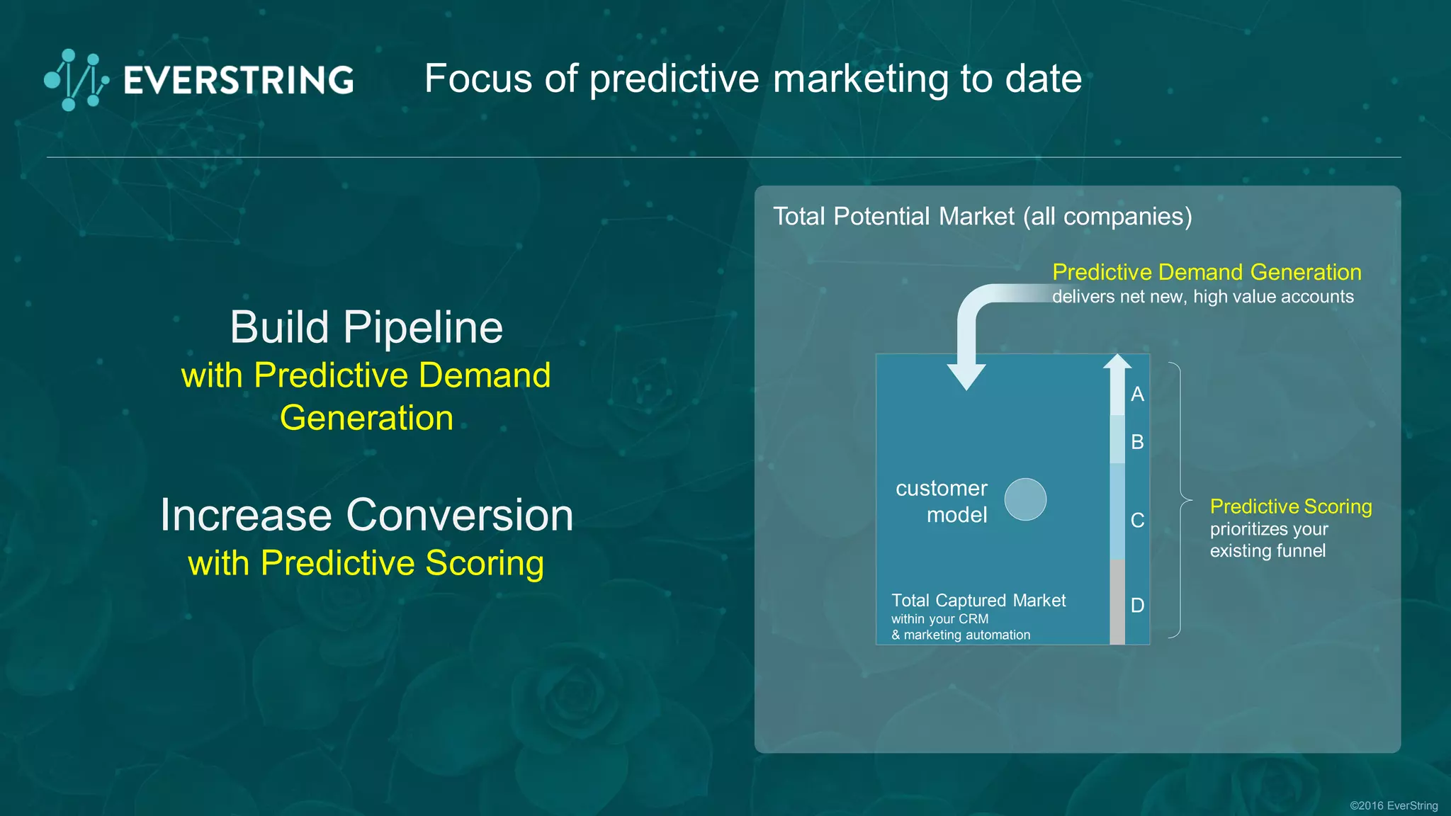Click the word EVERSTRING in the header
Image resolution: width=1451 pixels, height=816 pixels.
point(239,80)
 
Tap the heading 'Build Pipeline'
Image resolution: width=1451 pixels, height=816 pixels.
point(366,327)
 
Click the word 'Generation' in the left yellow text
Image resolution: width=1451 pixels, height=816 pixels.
point(366,418)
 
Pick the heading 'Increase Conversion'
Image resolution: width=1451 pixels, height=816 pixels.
point(366,515)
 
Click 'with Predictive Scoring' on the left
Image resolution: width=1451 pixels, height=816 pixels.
point(366,564)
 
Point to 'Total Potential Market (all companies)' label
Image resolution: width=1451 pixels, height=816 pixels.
point(982,216)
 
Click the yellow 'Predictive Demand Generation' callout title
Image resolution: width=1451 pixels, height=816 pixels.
point(1207,272)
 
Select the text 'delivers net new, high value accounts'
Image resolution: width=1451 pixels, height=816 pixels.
point(1202,297)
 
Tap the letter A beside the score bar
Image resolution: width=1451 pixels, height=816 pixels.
point(1137,395)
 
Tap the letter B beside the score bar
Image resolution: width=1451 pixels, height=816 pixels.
point(1137,442)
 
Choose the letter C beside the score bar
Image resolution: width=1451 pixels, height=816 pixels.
point(1137,521)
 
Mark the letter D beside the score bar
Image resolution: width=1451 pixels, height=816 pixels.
point(1137,606)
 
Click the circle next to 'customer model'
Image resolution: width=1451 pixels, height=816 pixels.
point(1025,499)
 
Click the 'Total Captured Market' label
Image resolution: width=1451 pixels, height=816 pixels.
point(978,601)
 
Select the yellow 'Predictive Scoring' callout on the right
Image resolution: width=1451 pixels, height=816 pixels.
point(1290,506)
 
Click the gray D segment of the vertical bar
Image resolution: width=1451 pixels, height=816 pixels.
point(1117,602)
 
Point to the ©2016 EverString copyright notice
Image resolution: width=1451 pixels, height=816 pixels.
point(1393,805)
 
